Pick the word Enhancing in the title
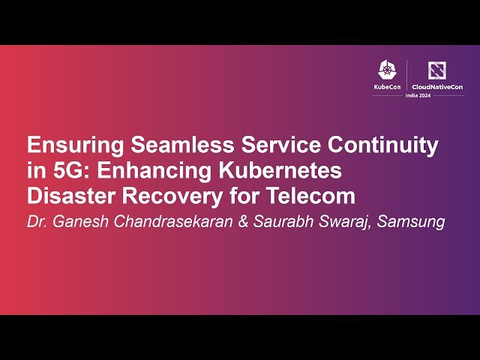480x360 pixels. (143, 171)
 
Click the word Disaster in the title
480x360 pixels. (67, 196)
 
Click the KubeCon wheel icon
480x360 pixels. (387, 70)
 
